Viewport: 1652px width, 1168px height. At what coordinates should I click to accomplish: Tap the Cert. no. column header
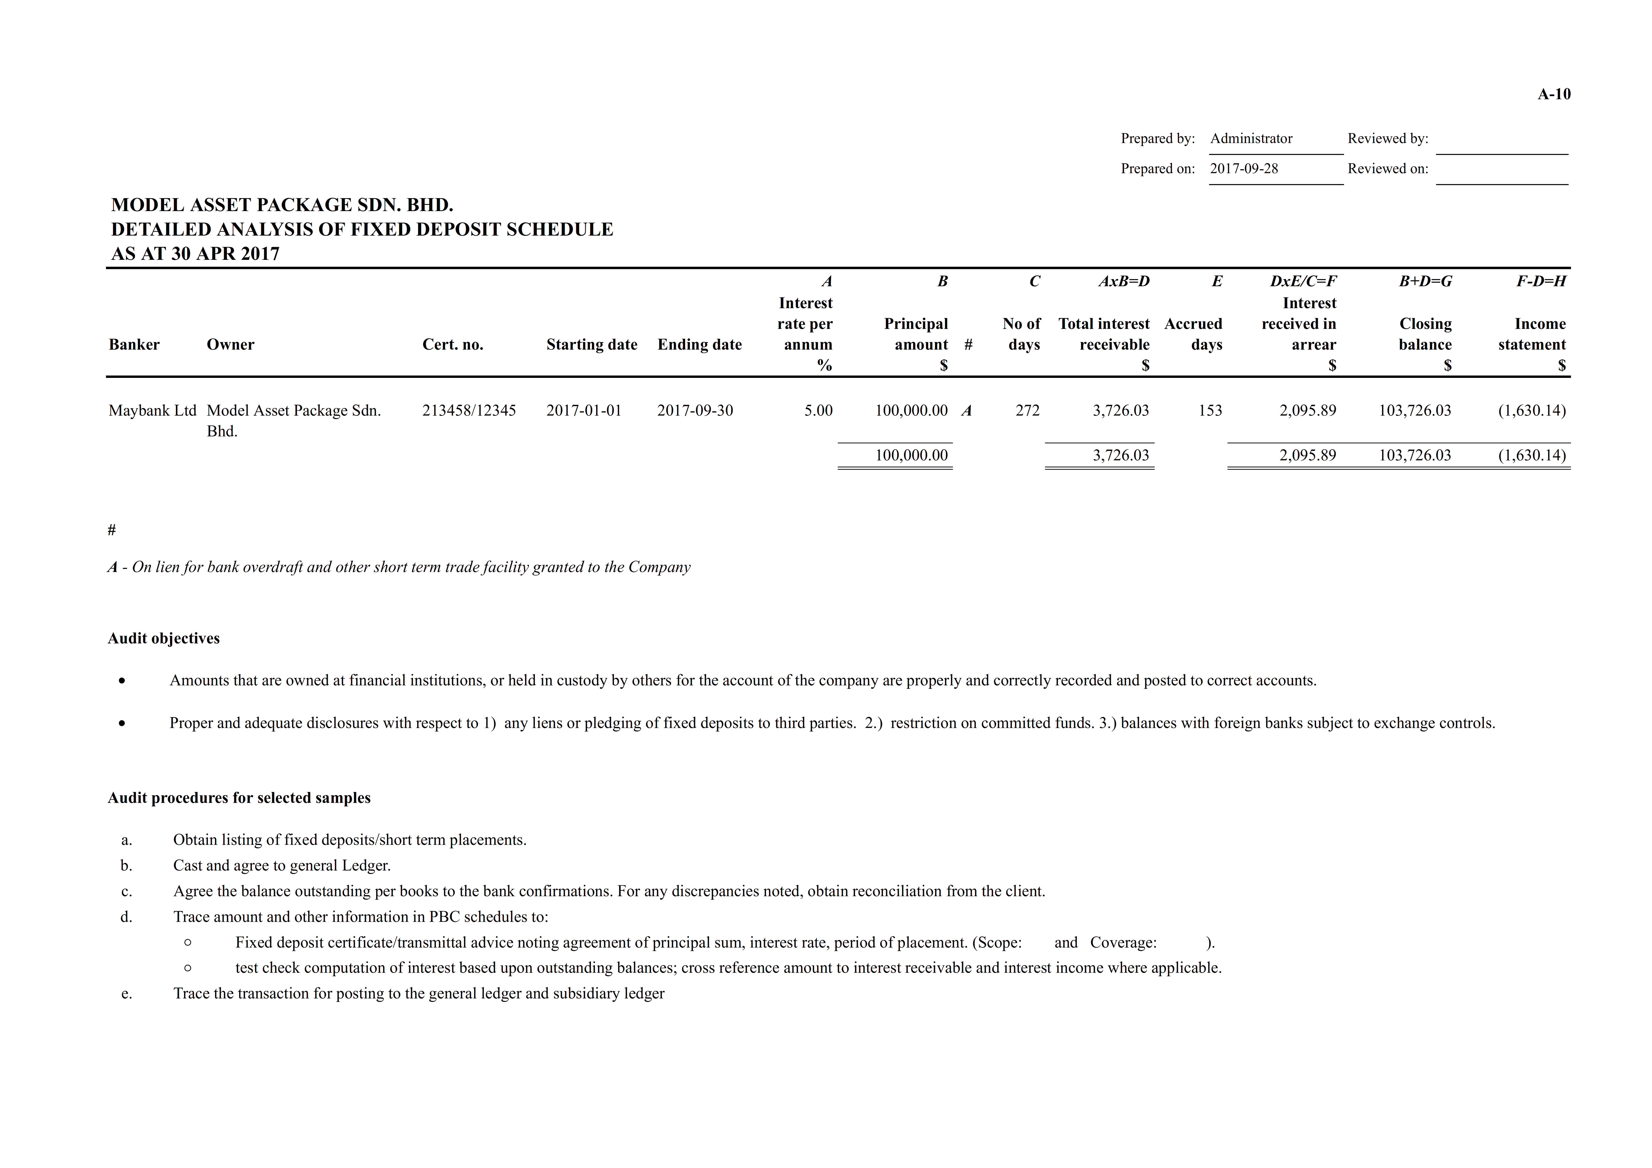[453, 345]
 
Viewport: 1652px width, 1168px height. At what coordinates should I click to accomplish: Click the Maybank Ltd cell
[152, 411]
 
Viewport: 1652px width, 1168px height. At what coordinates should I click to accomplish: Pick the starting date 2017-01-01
[583, 411]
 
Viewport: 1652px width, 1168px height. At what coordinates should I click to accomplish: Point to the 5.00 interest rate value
[818, 411]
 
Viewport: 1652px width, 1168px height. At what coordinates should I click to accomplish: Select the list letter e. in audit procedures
[127, 994]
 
